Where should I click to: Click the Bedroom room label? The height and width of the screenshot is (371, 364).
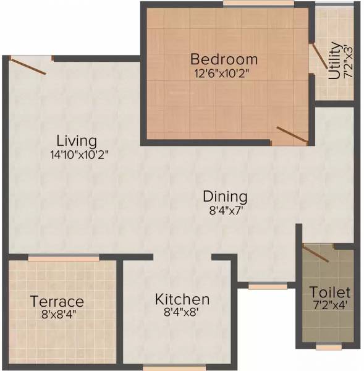tap(224, 59)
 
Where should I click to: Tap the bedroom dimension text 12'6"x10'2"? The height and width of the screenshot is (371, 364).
tap(224, 72)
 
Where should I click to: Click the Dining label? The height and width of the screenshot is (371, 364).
tap(225, 197)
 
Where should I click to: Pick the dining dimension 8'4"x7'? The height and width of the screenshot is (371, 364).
tap(225, 210)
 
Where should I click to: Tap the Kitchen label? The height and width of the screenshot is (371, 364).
tap(182, 299)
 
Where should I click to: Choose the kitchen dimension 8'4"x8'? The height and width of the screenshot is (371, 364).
tap(182, 313)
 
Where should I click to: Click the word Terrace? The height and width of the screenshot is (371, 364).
tap(57, 302)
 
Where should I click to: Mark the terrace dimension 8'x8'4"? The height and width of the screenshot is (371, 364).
tap(57, 314)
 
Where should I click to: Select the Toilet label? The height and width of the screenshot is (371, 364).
tap(330, 292)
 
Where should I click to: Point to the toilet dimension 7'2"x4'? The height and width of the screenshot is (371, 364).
tap(330, 305)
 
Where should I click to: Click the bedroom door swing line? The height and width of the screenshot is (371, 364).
tap(292, 135)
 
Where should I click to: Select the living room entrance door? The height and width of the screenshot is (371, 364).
tap(28, 66)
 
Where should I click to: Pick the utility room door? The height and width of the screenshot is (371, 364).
tap(319, 57)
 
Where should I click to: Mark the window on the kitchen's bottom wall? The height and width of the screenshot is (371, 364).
tap(165, 367)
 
